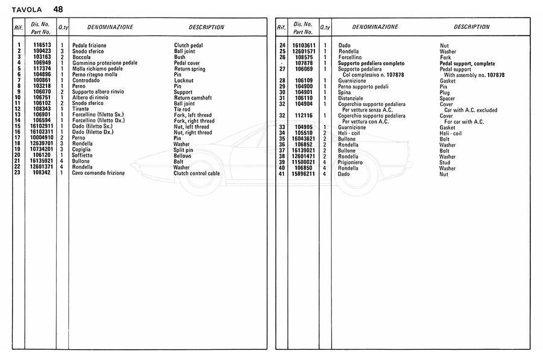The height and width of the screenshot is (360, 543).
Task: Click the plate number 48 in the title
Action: (57, 9)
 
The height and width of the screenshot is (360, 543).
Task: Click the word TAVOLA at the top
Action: (27, 9)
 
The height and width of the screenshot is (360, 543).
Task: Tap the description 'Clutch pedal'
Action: (188, 45)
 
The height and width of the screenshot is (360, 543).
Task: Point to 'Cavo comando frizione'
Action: (98, 173)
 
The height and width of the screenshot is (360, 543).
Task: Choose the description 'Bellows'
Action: (183, 155)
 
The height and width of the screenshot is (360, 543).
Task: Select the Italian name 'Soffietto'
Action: (82, 155)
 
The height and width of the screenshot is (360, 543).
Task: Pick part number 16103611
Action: (303, 45)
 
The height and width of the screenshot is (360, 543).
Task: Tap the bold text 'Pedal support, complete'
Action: (467, 63)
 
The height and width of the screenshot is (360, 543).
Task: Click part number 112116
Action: (303, 116)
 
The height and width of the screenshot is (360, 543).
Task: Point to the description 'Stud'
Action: (445, 162)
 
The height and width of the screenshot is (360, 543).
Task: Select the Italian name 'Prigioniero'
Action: (351, 162)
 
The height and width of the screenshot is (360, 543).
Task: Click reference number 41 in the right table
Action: (282, 174)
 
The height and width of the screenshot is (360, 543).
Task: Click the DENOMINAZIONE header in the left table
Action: (110, 27)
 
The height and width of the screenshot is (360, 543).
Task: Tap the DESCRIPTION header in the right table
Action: (471, 27)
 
